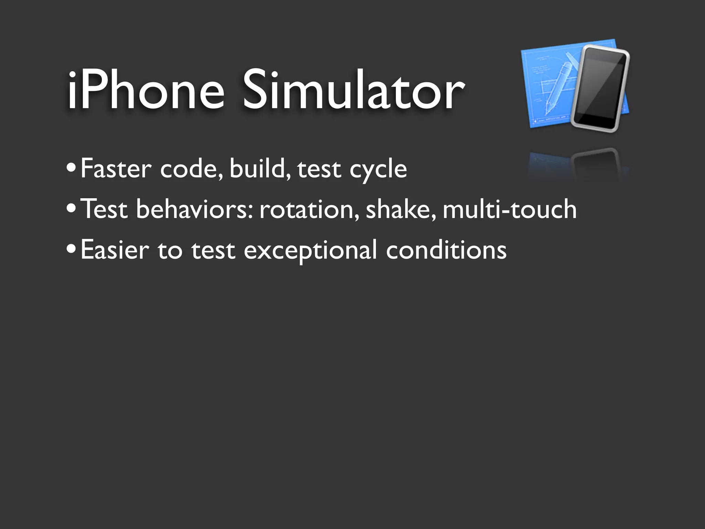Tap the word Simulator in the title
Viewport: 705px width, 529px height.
353,90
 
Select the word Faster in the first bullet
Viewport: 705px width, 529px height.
116,169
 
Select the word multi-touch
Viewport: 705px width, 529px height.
509,209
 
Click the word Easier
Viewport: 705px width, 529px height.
115,250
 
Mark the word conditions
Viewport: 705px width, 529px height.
446,250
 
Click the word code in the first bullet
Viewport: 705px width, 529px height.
191,169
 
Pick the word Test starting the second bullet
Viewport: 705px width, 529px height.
105,209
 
